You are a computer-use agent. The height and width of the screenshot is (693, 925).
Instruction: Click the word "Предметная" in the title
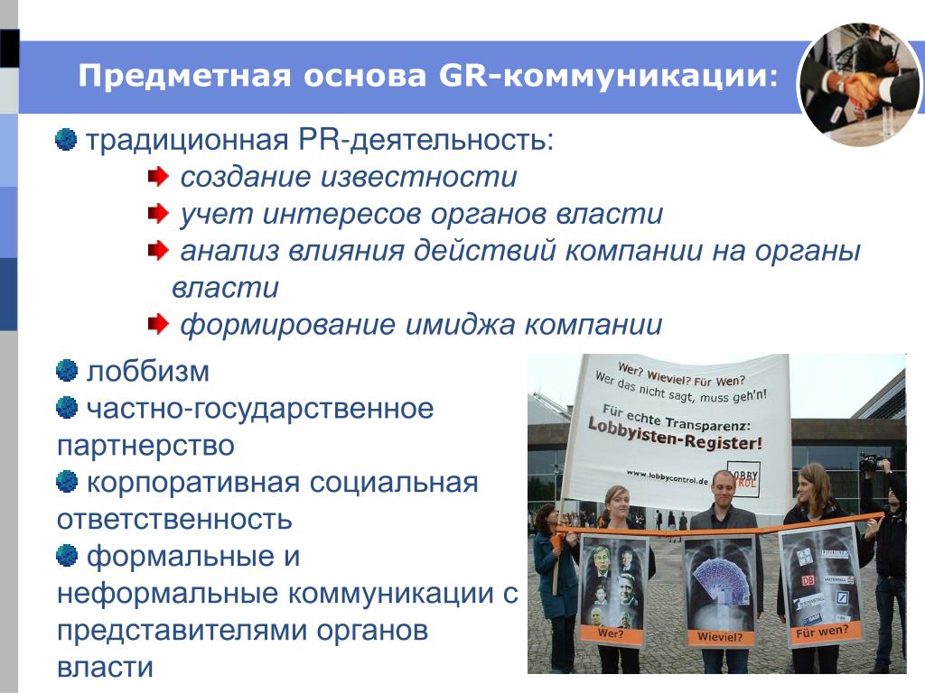click(x=184, y=76)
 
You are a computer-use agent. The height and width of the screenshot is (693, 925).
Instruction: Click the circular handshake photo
click(x=859, y=84)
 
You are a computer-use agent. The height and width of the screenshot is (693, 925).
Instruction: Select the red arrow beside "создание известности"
click(x=158, y=176)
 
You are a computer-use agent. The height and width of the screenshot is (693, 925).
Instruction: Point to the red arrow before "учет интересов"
click(x=158, y=213)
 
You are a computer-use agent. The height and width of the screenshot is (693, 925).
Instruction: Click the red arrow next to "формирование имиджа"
click(x=158, y=324)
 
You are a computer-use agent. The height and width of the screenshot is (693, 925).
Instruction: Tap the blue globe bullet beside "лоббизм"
click(x=67, y=371)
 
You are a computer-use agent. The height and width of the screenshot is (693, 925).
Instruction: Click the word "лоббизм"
click(x=148, y=372)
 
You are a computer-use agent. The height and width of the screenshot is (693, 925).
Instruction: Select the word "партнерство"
click(x=145, y=446)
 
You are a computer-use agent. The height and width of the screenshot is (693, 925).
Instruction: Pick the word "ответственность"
click(x=174, y=520)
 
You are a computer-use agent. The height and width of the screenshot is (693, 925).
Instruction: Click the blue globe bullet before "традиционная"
click(x=66, y=140)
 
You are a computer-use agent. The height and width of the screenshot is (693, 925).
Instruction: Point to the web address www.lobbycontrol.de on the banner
click(x=667, y=476)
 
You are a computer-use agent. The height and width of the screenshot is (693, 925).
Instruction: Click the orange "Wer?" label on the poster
click(x=611, y=634)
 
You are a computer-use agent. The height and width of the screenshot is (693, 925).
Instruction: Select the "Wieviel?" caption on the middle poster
click(x=720, y=636)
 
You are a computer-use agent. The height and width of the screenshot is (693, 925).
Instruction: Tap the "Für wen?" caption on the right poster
click(x=822, y=632)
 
